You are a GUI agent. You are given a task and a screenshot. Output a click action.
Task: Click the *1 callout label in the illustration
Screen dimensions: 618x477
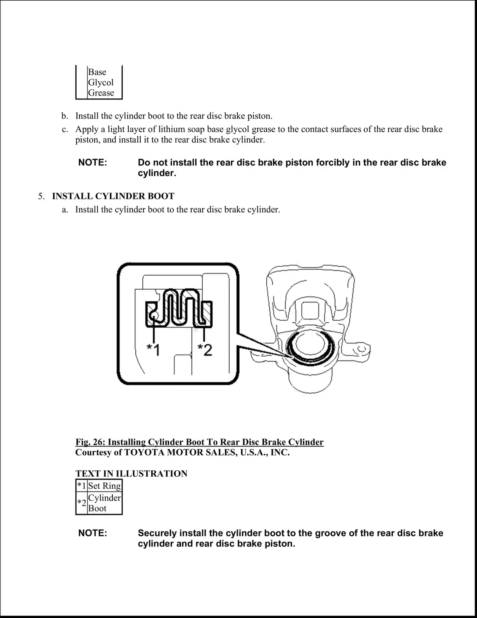[153, 350]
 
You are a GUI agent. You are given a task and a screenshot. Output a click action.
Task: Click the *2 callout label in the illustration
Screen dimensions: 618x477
[205, 350]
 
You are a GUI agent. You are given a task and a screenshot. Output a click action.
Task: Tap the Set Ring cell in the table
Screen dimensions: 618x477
[105, 486]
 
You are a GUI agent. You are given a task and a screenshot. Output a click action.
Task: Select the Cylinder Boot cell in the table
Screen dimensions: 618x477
[105, 503]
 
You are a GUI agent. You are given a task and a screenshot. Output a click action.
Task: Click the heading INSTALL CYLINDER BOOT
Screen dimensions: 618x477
[113, 196]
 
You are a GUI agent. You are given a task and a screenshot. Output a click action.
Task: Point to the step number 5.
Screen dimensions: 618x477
[41, 196]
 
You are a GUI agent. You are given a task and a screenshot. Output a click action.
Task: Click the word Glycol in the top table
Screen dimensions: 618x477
[101, 83]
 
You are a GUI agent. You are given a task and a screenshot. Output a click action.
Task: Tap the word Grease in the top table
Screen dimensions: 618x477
[101, 93]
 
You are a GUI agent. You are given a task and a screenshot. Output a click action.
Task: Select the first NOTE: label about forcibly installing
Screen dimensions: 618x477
[93, 163]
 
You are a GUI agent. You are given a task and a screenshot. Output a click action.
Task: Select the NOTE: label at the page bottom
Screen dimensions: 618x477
[93, 533]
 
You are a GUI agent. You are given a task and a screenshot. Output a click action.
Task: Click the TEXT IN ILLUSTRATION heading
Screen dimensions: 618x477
[131, 474]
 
